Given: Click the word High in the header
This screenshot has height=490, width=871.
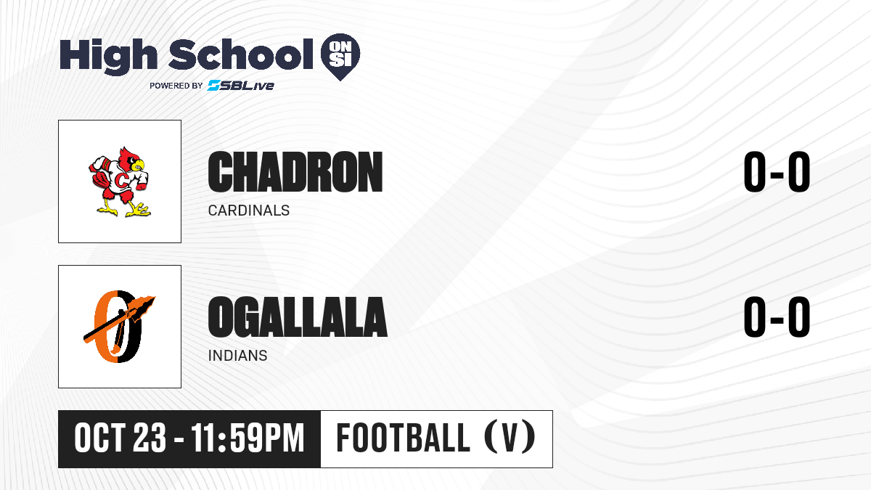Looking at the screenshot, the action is (x=108, y=56).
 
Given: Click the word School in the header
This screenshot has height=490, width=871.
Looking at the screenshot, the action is (x=241, y=54).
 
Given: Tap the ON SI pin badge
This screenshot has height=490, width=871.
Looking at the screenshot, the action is (x=340, y=57).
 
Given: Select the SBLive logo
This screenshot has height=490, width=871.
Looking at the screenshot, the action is (x=241, y=85).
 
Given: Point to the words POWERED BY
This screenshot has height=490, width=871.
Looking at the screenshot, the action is (x=176, y=86).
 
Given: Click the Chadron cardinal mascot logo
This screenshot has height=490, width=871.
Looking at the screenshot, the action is (x=119, y=181).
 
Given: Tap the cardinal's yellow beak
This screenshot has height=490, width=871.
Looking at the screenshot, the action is (x=139, y=166).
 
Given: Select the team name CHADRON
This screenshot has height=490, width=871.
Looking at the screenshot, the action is (x=295, y=171).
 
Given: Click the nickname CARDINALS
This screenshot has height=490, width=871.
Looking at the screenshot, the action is (x=249, y=211).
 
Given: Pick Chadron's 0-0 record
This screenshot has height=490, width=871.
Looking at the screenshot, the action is (x=777, y=171).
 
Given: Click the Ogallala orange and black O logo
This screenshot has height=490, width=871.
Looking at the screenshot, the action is (x=119, y=326).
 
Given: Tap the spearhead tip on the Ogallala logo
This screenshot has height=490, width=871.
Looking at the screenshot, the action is (x=155, y=298).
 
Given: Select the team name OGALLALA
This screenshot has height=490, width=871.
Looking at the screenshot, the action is (x=298, y=317).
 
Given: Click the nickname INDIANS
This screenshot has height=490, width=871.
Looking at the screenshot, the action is (x=237, y=356).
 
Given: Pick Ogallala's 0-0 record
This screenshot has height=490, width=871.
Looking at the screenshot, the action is (x=777, y=317).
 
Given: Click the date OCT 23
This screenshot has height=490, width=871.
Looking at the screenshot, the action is (x=120, y=438).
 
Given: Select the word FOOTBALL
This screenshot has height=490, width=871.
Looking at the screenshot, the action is (x=403, y=438).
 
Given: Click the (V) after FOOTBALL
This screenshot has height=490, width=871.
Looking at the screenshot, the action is (x=510, y=438).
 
